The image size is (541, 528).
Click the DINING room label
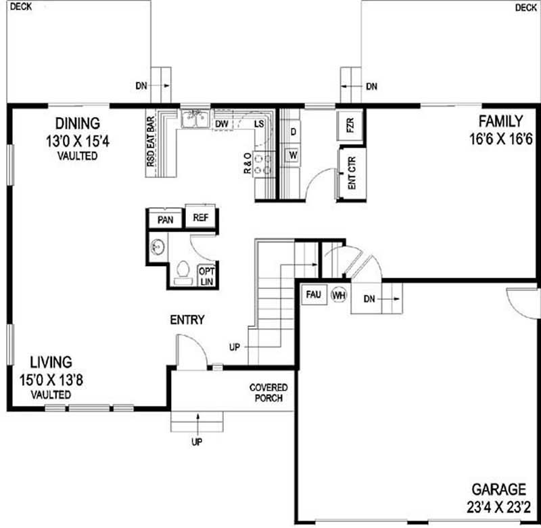point(77,123)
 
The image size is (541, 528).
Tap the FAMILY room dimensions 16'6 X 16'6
point(500,139)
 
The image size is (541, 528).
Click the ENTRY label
point(187,320)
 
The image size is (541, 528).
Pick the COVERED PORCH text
point(268,393)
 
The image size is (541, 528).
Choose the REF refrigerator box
point(201,218)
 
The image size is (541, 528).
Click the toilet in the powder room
point(181,270)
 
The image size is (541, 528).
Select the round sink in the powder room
point(158,246)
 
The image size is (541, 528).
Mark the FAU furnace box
point(313,295)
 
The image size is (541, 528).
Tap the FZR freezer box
point(350,126)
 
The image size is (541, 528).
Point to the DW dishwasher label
point(221,124)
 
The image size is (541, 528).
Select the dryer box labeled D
point(293,130)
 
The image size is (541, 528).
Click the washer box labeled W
point(293,155)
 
